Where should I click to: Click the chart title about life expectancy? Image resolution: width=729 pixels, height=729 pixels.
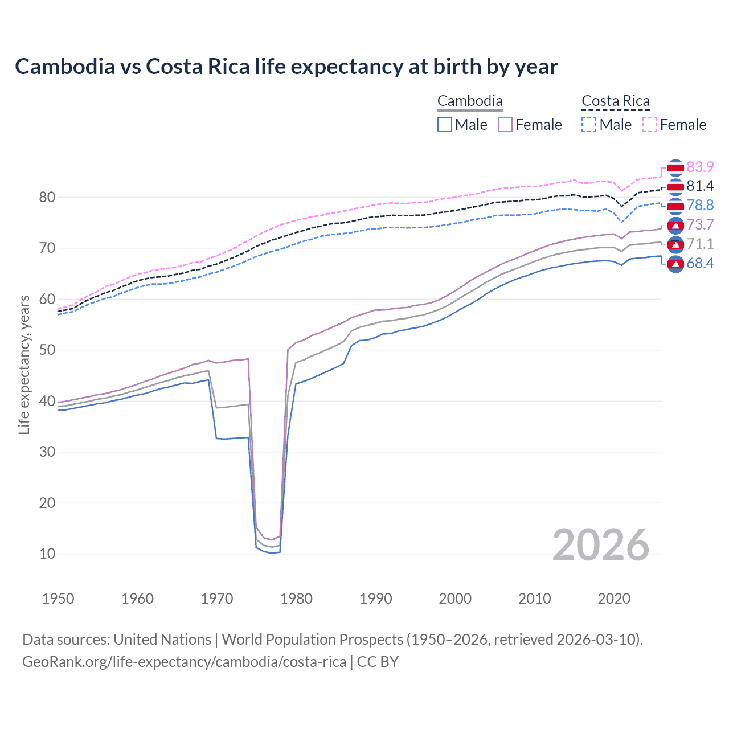pyautogui.click(x=286, y=67)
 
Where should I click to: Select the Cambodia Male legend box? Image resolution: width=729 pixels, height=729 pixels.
pyautogui.click(x=445, y=125)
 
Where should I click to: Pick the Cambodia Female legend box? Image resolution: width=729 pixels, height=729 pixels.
pyautogui.click(x=505, y=125)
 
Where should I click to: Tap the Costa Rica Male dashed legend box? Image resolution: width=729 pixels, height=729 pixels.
pyautogui.click(x=589, y=125)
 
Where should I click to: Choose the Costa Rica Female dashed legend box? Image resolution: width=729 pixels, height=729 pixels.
pyautogui.click(x=650, y=125)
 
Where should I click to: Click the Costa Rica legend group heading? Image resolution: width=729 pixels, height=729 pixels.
pyautogui.click(x=615, y=101)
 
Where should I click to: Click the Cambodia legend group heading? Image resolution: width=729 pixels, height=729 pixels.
pyautogui.click(x=470, y=101)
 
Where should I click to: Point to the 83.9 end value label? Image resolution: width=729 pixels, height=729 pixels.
pyautogui.click(x=700, y=167)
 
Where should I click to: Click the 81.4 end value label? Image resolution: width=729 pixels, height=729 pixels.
pyautogui.click(x=700, y=186)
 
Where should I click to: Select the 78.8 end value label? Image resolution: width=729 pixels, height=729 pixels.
pyautogui.click(x=700, y=206)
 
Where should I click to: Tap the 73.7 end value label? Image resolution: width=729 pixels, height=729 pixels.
pyautogui.click(x=700, y=225)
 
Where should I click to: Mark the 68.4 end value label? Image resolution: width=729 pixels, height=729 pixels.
pyautogui.click(x=700, y=263)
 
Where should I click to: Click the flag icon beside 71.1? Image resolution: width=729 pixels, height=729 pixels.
pyautogui.click(x=675, y=245)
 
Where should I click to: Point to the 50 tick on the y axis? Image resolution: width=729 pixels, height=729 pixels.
pyautogui.click(x=47, y=350)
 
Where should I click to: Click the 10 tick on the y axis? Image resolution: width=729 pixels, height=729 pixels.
pyautogui.click(x=47, y=554)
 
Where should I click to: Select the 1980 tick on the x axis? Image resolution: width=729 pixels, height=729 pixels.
pyautogui.click(x=296, y=599)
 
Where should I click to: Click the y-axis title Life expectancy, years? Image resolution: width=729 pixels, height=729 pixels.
pyautogui.click(x=24, y=364)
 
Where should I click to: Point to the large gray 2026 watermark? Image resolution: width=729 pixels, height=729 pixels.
pyautogui.click(x=600, y=545)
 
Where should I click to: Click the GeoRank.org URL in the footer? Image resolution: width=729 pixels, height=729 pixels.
pyautogui.click(x=184, y=662)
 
